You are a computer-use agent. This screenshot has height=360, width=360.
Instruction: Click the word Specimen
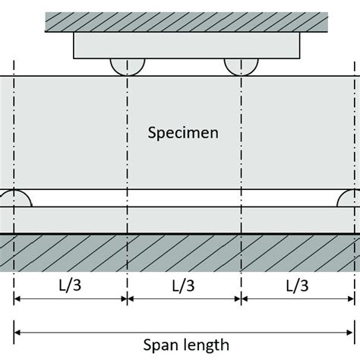pos(184,133)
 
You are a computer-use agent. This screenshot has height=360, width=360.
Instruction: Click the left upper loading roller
pos(127,66)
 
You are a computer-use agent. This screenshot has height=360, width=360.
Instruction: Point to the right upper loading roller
pos(241,66)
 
